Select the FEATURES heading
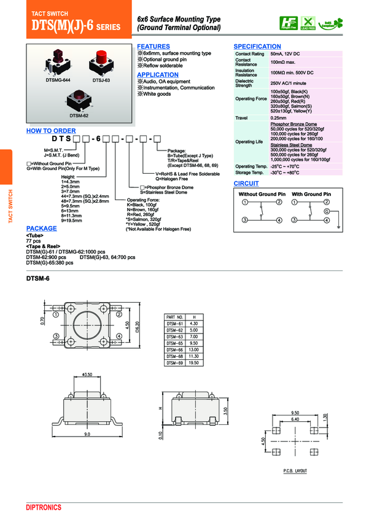(x=153, y=47)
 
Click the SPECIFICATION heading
(x=257, y=47)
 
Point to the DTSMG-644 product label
(x=58, y=80)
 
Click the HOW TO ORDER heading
(x=51, y=131)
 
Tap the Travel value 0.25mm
(x=279, y=118)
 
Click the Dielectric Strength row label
(x=244, y=83)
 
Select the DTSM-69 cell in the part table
(x=175, y=363)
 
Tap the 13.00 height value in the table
(x=194, y=349)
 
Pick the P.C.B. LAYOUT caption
(x=295, y=470)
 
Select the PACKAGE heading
(x=41, y=228)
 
